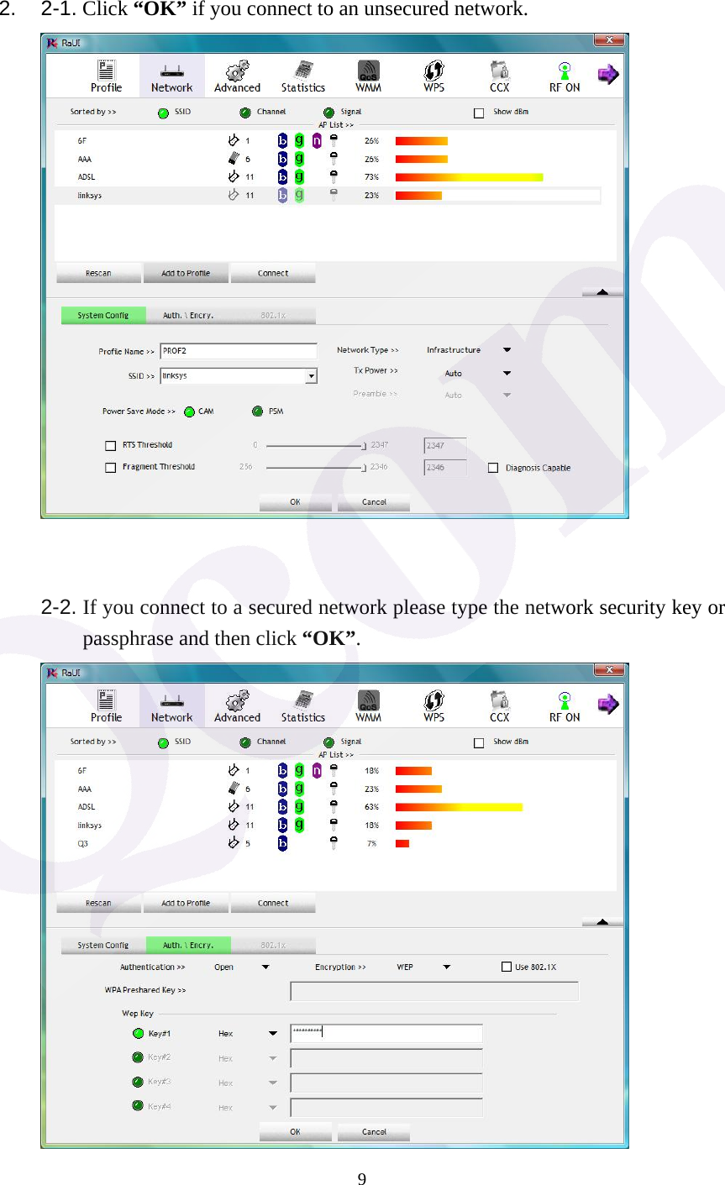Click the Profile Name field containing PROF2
tap(239, 351)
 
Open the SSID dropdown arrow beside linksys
tap(311, 376)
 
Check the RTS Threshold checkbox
tap(110, 446)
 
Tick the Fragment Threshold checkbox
tap(110, 468)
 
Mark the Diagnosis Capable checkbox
tap(493, 468)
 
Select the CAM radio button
tap(190, 412)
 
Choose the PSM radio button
tap(257, 412)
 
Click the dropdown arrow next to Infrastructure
tap(507, 350)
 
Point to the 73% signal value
tap(371, 177)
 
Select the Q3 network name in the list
tap(83, 844)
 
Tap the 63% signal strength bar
tap(459, 807)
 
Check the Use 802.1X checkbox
tap(507, 967)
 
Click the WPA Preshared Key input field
tap(434, 991)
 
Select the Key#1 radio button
tap(139, 1034)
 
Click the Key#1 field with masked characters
tap(386, 1034)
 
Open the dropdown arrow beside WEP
tap(447, 967)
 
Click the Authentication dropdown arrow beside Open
tap(265, 967)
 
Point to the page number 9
tap(362, 1179)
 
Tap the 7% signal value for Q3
tap(371, 844)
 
